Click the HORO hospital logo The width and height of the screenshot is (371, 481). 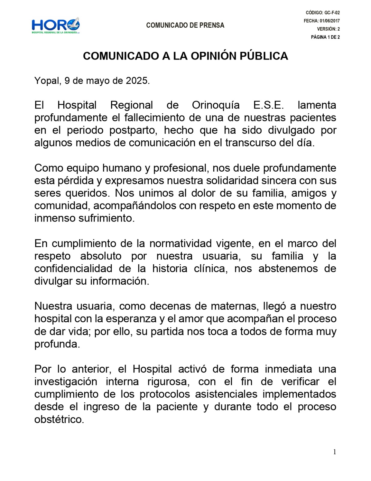(56, 26)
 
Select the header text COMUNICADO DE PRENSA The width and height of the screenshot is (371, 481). (185, 25)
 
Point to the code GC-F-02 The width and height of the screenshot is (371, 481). (332, 13)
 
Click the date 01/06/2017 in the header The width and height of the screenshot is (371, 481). (330, 21)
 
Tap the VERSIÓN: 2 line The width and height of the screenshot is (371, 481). (328, 29)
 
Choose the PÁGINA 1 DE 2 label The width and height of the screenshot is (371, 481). (325, 37)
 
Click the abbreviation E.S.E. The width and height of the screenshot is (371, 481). (268, 105)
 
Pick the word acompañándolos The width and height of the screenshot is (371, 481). (135, 206)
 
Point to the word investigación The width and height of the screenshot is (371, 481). (66, 381)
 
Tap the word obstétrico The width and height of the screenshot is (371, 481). (59, 419)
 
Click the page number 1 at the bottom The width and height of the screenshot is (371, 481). (335, 452)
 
